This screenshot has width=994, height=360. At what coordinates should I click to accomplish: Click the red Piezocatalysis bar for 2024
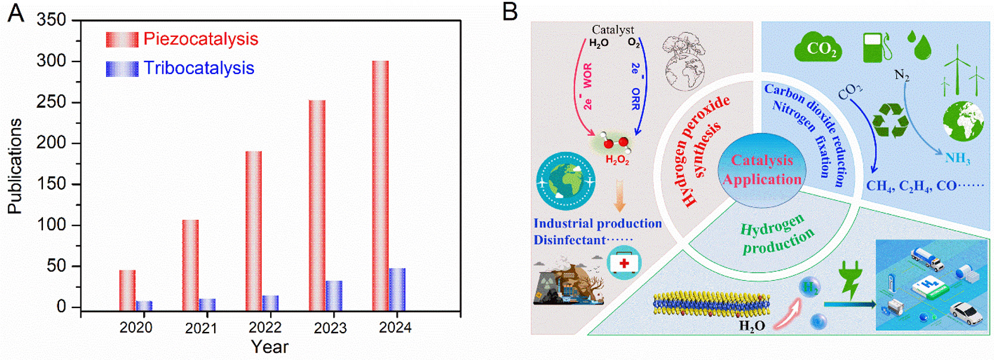380,185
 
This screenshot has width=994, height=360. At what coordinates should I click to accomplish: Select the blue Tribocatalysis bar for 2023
334,296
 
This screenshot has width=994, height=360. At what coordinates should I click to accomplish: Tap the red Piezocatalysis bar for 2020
127,290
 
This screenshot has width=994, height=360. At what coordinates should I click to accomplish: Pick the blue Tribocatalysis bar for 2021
208,305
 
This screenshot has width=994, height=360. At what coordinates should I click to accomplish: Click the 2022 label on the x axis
265,327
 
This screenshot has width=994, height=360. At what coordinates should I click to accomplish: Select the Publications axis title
15,166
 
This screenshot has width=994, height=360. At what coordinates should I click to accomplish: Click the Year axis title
270,347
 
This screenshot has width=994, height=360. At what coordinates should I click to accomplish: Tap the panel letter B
510,12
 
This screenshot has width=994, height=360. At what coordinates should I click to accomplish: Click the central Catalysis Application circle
762,170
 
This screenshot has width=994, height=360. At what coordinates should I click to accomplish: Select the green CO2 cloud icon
818,48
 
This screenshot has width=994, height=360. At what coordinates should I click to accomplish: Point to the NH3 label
957,159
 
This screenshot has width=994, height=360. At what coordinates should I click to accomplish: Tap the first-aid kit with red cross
624,263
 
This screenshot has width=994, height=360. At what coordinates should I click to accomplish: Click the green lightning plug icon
850,279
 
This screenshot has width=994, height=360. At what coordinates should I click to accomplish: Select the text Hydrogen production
776,234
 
